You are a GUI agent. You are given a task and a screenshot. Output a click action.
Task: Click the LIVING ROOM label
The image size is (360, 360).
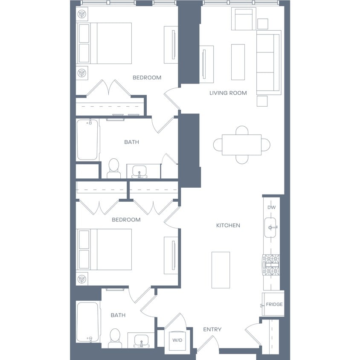pyautogui.click(x=228, y=93)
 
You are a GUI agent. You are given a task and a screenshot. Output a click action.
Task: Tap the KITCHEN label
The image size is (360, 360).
pyautogui.click(x=228, y=226)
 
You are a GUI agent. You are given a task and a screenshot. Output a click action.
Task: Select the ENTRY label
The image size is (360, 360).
pyautogui.click(x=212, y=329)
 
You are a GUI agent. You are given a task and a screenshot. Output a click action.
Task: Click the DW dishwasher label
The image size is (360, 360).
pyautogui.click(x=272, y=207)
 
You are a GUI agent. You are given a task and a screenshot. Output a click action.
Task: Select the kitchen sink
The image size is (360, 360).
pyautogui.click(x=270, y=227)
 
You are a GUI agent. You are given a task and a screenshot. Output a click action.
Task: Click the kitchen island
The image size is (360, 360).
pyautogui.click(x=221, y=270)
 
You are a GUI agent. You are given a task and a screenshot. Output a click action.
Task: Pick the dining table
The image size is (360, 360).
pyautogui.click(x=241, y=145)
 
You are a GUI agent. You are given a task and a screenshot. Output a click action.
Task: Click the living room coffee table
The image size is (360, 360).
pyautogui.click(x=238, y=62)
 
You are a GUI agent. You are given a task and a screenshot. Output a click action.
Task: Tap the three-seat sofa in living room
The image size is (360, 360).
pyautogui.click(x=269, y=62)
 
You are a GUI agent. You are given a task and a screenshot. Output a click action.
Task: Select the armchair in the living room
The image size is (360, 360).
pyautogui.click(x=244, y=19)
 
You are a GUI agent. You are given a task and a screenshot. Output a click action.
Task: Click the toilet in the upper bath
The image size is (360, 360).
pyautogui.click(x=113, y=168)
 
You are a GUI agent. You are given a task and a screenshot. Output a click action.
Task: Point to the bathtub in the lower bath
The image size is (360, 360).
pyautogui.click(x=88, y=322)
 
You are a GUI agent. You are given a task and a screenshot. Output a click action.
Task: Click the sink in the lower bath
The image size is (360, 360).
pyautogui.click(x=141, y=340)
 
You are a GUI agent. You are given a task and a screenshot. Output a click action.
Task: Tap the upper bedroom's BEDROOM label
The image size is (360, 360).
pyautogui.click(x=147, y=78)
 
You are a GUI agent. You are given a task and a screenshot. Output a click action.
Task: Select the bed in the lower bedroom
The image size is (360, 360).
pyautogui.click(x=104, y=249)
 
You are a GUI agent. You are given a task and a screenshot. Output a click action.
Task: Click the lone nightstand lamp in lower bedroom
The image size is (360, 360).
pyautogui.click(x=82, y=279)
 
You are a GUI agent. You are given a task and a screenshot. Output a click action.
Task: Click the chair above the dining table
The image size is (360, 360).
pyautogui.click(x=242, y=130)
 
